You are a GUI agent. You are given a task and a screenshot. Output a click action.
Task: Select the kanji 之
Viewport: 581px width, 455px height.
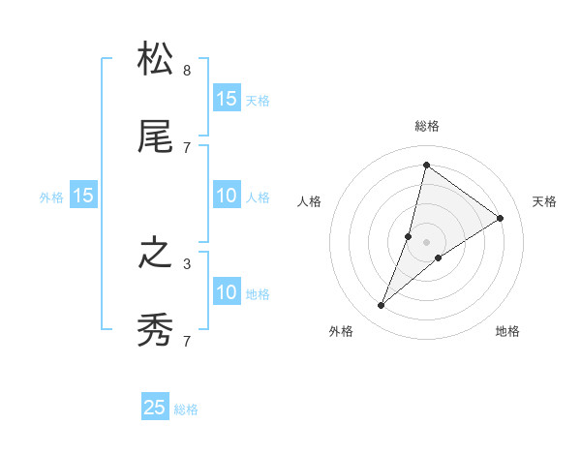[155, 254]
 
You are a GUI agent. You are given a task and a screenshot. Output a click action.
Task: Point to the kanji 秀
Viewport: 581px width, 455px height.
[155, 331]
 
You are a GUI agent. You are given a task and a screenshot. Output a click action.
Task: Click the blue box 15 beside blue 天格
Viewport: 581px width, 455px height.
[226, 98]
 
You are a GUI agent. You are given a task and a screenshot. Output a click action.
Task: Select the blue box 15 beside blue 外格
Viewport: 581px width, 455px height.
[83, 196]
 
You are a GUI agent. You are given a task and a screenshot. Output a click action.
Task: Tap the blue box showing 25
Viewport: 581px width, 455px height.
[155, 408]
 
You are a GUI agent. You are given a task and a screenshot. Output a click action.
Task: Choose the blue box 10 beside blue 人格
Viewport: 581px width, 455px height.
[226, 196]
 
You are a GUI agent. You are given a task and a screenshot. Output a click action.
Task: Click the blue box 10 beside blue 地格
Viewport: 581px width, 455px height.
[226, 292]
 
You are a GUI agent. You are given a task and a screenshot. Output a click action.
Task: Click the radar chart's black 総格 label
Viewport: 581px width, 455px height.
[427, 126]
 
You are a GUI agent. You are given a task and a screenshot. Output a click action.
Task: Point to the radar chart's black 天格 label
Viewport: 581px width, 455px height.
[544, 201]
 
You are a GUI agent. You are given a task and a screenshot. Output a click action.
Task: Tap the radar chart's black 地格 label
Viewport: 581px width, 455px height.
[507, 331]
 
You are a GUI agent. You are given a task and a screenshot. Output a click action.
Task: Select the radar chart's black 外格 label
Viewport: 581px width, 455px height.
[341, 331]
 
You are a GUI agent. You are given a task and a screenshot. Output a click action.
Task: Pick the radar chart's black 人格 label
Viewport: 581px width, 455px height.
[310, 201]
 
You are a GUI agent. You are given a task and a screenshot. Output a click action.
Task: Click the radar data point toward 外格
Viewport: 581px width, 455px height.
[382, 306]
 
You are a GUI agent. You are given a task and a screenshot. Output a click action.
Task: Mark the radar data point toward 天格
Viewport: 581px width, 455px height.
[501, 219]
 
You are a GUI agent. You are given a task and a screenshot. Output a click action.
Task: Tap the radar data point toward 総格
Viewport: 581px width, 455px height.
[426, 165]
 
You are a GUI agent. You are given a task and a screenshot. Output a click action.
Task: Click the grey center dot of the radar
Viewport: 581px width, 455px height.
[427, 242]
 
